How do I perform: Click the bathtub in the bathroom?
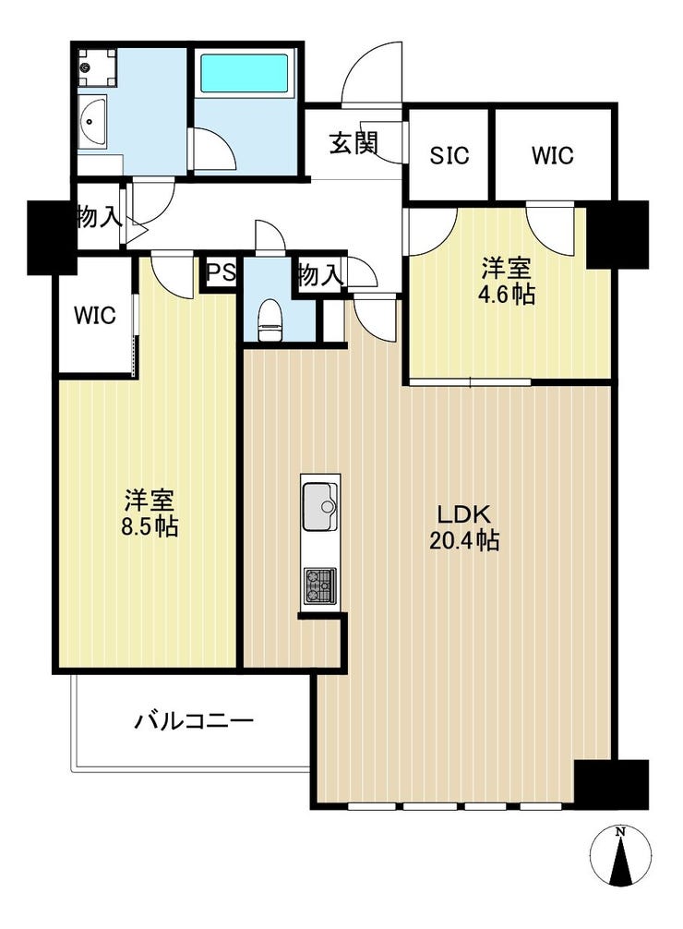click(x=245, y=74)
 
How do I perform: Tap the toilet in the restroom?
click(x=270, y=320)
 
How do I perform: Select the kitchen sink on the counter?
click(x=320, y=507)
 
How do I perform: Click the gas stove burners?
click(x=320, y=586)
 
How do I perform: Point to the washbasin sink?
click(x=91, y=123)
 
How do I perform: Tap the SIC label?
click(x=449, y=156)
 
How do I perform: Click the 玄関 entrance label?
click(x=353, y=143)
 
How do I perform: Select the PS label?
click(x=221, y=273)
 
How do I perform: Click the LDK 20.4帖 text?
click(x=464, y=527)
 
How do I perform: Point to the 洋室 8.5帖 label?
click(x=150, y=513)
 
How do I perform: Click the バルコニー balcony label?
click(x=195, y=721)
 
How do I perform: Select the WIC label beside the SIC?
click(x=552, y=155)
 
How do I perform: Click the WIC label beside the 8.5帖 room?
click(x=95, y=315)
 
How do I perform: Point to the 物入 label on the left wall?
click(x=100, y=217)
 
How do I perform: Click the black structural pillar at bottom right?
click(x=611, y=784)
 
